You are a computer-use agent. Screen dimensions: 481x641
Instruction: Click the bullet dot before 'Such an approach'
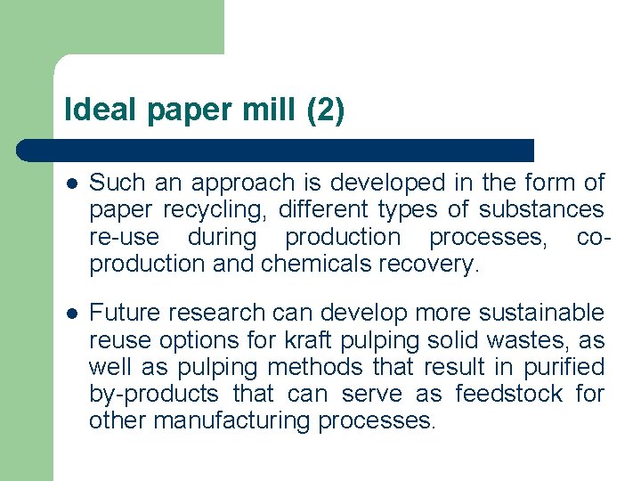tap(72, 184)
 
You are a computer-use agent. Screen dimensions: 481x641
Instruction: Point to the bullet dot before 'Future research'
tap(72, 314)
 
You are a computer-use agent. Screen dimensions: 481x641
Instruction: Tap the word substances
tap(541, 210)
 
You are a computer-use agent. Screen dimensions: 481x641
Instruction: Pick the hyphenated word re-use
tap(124, 237)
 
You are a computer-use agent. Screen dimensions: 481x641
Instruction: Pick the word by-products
tap(153, 394)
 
